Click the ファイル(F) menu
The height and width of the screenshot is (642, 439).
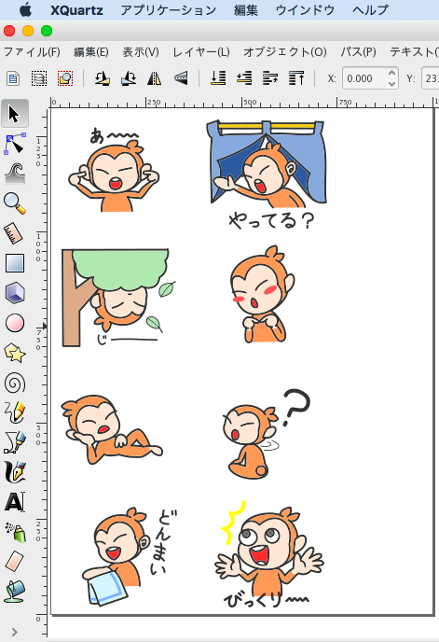coord(32,52)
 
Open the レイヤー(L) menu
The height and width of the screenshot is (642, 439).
coord(201,52)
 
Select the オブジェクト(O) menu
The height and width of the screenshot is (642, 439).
coord(285,52)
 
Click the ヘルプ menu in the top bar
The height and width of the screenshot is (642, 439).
coord(370,10)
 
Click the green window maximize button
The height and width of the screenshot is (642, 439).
coord(47,31)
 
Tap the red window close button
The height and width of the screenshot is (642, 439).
coord(9,31)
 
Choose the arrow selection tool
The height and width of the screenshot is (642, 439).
coord(15,114)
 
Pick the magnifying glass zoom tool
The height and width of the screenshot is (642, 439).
coord(15,203)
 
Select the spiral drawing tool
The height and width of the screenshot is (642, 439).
coord(15,384)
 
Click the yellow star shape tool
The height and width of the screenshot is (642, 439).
coord(15,353)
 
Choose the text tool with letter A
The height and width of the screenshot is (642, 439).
coord(15,502)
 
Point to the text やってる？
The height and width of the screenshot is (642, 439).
coord(271,220)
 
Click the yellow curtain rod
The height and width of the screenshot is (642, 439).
coord(266,127)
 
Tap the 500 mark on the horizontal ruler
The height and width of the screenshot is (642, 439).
coord(250,103)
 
